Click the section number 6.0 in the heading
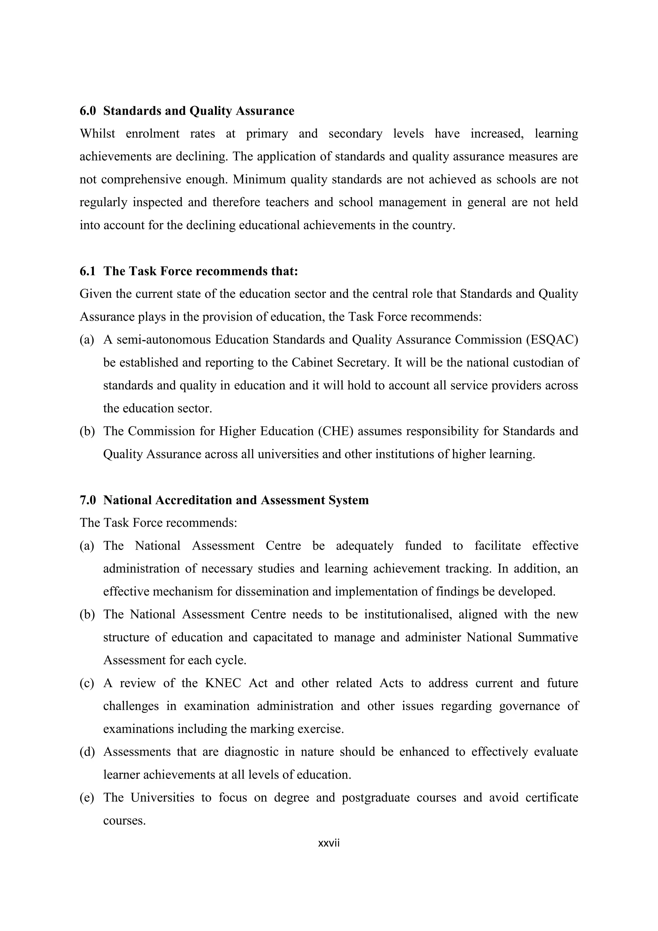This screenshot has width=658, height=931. click(x=87, y=111)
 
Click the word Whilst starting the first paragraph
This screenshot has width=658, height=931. click(x=97, y=133)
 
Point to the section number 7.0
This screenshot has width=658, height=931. click(x=87, y=500)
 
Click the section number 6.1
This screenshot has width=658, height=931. click(x=87, y=271)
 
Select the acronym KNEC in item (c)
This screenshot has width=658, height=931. click(x=223, y=683)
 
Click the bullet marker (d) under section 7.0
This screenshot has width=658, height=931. click(x=87, y=752)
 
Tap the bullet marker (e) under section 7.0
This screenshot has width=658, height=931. click(x=87, y=798)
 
